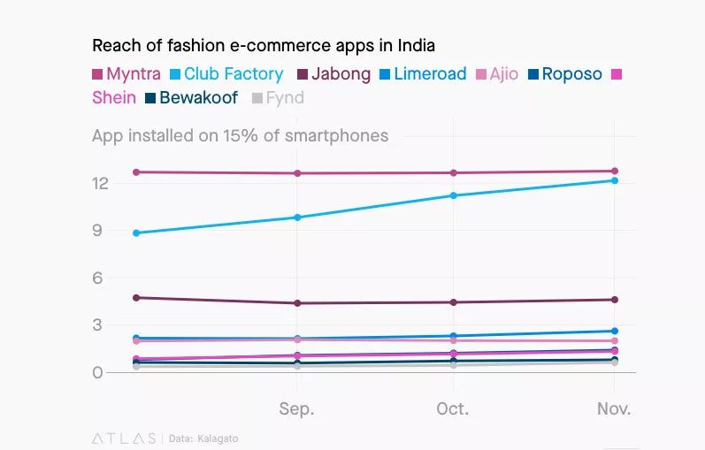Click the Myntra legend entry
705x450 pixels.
tap(126, 74)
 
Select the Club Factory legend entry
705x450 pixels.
tap(226, 74)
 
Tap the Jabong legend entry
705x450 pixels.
tap(334, 74)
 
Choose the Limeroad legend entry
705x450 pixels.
tap(423, 74)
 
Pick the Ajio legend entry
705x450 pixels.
tap(497, 74)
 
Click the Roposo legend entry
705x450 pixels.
tap(564, 74)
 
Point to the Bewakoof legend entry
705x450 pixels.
tap(192, 97)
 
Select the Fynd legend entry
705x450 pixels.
tap(279, 98)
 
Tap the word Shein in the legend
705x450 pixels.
tap(114, 97)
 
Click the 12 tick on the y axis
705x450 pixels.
tap(100, 183)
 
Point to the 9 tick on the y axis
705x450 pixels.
tap(97, 231)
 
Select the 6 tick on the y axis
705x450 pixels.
tap(97, 278)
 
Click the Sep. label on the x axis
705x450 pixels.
tap(296, 409)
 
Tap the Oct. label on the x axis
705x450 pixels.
tap(453, 408)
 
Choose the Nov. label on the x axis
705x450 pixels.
tap(614, 408)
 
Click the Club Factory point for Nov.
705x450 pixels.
tap(615, 180)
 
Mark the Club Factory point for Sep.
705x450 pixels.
tap(297, 217)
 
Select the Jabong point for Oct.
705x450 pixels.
tap(453, 302)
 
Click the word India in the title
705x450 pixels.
tap(416, 45)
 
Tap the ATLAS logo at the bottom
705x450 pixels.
tap(124, 439)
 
